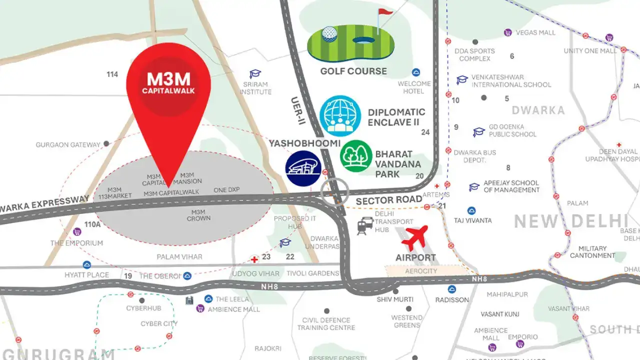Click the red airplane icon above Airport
tap(415, 237)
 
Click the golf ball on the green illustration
tap(329, 34)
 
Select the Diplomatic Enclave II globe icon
tap(340, 116)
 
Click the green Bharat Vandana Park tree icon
tap(356, 156)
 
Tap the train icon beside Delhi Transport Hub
tap(363, 226)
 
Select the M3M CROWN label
tap(198, 215)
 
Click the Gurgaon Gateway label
tap(68, 145)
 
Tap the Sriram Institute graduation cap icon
tap(255, 74)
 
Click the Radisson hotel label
tap(452, 299)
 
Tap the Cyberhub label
tap(143, 308)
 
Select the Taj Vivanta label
tap(472, 220)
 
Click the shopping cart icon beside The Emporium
tap(77, 232)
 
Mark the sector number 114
tap(112, 74)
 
